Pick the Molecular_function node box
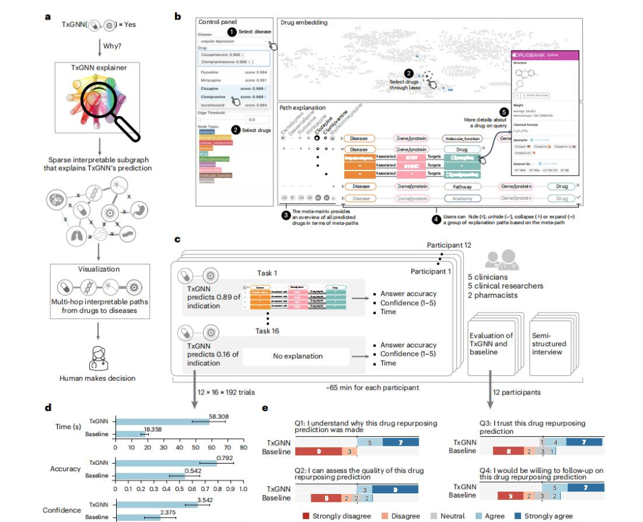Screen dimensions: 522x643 point(465,138)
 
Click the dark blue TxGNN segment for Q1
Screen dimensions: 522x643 point(400,442)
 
